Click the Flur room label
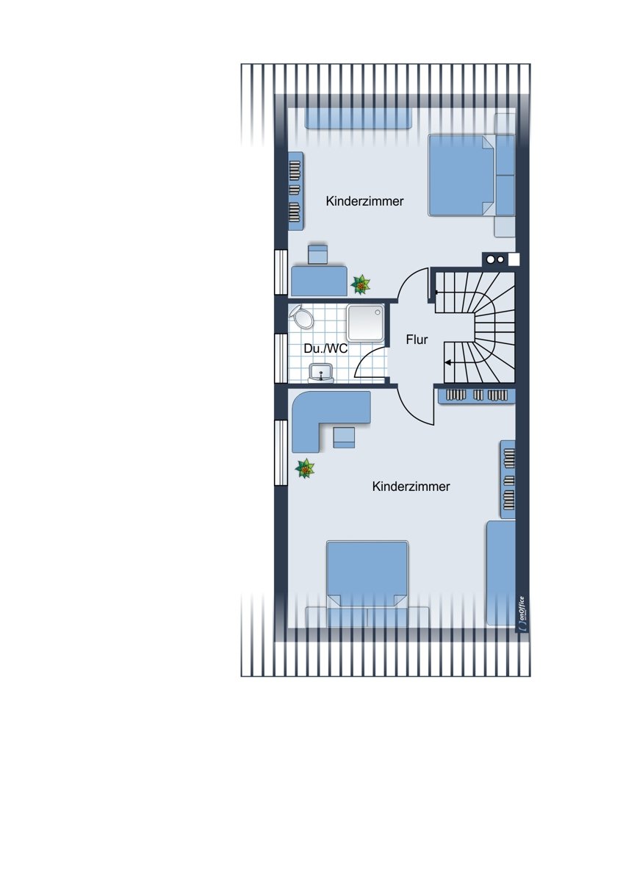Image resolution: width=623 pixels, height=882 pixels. click(x=417, y=340)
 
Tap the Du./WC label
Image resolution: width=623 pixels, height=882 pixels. click(x=326, y=348)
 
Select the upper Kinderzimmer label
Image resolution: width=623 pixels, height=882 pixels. click(x=364, y=201)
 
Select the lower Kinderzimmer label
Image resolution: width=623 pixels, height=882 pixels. click(x=411, y=487)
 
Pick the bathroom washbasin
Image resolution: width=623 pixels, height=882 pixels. click(x=321, y=373)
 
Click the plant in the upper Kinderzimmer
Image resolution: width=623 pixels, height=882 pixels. click(x=361, y=284)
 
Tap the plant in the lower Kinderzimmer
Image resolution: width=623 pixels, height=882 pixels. click(x=305, y=468)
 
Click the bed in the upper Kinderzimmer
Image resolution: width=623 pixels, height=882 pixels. click(x=461, y=175)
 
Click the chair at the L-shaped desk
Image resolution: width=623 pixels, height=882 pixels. click(x=344, y=437)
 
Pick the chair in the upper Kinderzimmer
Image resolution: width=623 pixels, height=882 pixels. click(x=317, y=254)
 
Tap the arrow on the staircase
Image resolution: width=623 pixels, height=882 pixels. click(x=450, y=362)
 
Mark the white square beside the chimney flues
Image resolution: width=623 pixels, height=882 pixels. click(x=514, y=259)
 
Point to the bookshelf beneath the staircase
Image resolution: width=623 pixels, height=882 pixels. click(x=477, y=396)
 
